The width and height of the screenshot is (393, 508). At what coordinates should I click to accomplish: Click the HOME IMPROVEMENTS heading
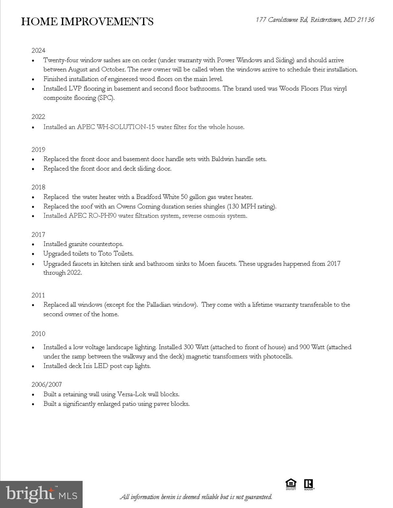(87, 21)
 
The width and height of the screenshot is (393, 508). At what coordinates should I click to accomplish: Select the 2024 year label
(38, 51)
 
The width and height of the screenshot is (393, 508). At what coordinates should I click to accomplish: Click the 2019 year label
(38, 149)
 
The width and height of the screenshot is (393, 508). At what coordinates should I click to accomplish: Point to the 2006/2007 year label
(47, 384)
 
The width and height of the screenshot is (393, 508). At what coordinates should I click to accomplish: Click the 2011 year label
(38, 295)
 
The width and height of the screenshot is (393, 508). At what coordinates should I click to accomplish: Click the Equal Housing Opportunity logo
(291, 484)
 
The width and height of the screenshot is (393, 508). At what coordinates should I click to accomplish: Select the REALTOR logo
(309, 484)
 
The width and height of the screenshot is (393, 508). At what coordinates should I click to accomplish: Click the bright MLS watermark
(41, 494)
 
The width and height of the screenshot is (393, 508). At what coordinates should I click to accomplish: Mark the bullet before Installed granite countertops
(33, 245)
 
